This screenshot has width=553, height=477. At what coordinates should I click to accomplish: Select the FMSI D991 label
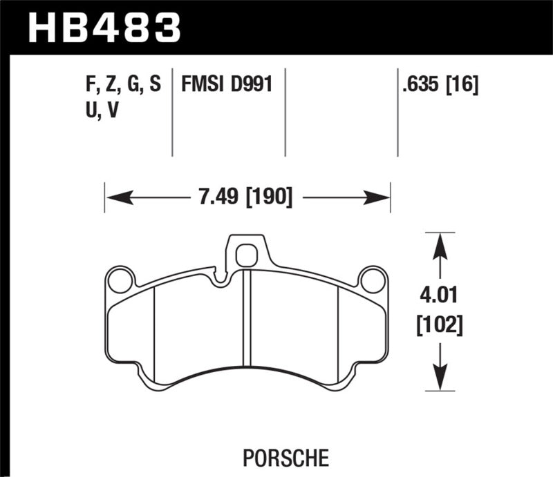[x=226, y=86]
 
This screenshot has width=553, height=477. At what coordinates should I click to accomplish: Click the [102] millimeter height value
[x=440, y=323]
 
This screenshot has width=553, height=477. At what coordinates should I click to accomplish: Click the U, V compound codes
[x=100, y=110]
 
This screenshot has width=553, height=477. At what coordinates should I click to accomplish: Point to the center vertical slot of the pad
[x=247, y=318]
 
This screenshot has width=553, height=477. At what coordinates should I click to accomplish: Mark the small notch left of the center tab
[x=221, y=280]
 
